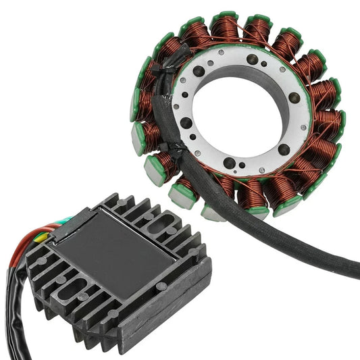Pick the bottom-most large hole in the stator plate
coord(233,163)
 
